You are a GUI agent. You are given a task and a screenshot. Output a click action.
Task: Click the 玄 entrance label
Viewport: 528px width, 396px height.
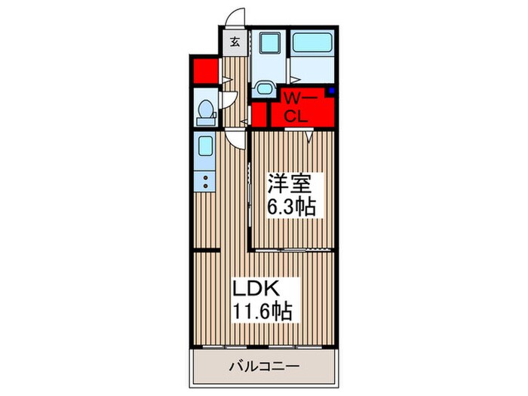(234, 42)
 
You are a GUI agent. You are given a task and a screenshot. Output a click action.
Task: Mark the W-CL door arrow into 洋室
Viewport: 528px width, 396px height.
(311, 137)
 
